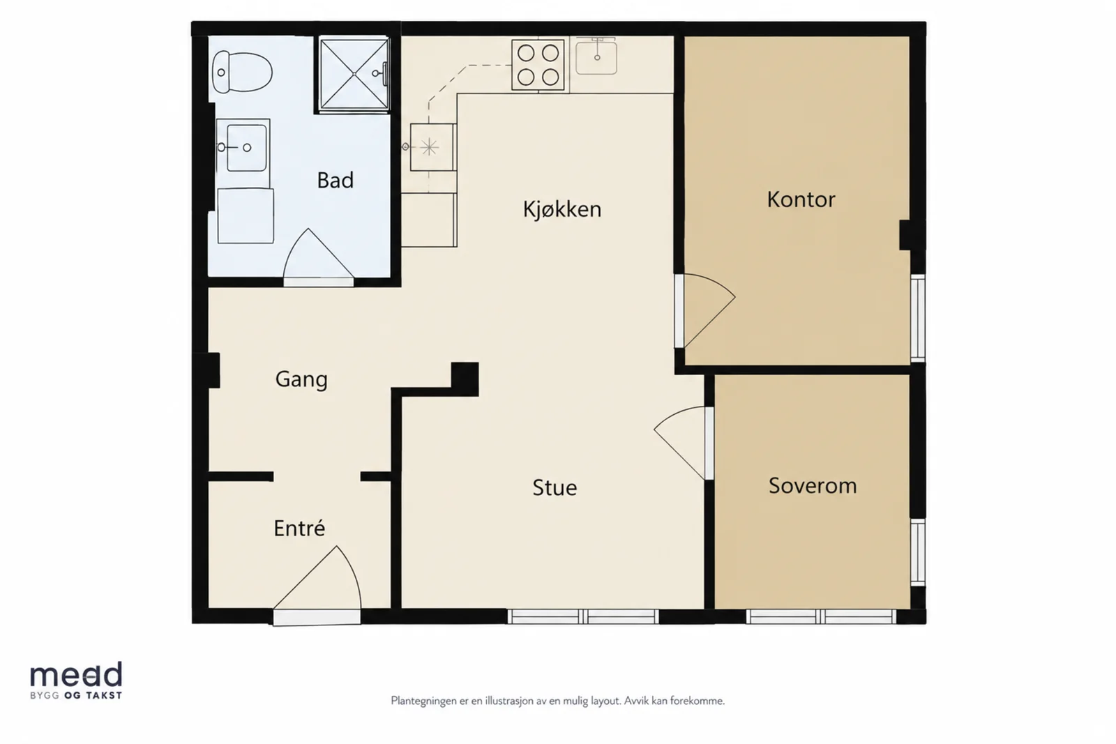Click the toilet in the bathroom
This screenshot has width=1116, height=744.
(242, 72)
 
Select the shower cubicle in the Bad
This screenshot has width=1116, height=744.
(354, 74)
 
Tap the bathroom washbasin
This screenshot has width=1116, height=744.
(243, 146)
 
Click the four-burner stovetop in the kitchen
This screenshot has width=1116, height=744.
(538, 66)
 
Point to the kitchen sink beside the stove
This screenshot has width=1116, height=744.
(596, 56)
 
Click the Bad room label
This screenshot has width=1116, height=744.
(335, 181)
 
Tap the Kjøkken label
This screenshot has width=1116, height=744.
(562, 209)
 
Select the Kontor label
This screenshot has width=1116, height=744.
(801, 199)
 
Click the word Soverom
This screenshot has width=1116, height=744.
(813, 485)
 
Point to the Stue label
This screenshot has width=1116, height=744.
(555, 487)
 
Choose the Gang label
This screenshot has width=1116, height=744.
(301, 380)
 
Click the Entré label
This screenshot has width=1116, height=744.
(299, 528)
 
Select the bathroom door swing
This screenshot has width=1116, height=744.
(318, 257)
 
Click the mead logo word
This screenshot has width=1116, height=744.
(76, 674)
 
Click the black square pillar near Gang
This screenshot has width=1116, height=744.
(465, 379)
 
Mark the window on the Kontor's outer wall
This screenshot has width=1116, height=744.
(918, 318)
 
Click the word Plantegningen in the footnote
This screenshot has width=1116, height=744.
(423, 701)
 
